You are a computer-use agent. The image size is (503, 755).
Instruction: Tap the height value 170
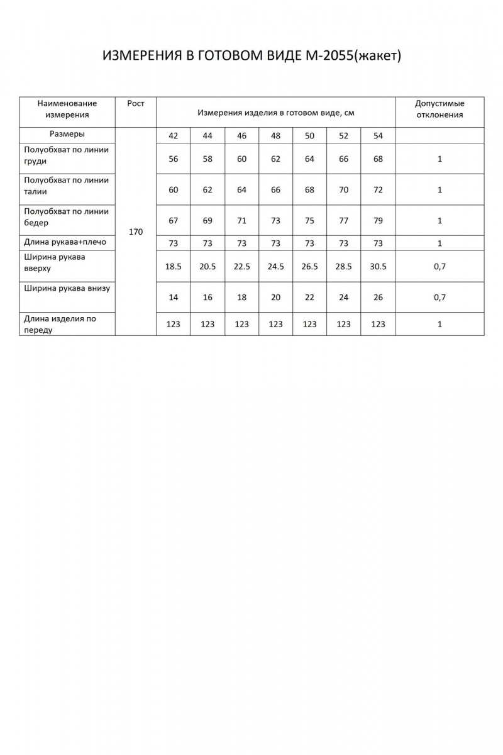pos(135,232)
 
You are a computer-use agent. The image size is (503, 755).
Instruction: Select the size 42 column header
pos(174,136)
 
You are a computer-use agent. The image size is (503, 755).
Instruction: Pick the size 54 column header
pos(377,136)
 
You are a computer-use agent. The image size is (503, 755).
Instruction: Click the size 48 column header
pos(275,136)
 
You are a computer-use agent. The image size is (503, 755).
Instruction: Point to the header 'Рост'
pos(135,104)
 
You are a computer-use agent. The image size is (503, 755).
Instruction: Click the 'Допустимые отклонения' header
pos(439,109)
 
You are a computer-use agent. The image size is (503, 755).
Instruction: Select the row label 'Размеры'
pos(67,135)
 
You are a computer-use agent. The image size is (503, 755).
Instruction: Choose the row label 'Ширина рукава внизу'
pos(67,289)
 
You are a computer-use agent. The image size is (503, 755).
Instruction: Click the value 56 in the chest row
pos(174,159)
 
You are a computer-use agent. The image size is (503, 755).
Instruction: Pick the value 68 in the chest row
pos(377,159)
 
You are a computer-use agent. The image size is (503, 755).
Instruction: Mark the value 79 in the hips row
pos(377,221)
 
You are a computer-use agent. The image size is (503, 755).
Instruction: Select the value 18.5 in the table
pos(174,267)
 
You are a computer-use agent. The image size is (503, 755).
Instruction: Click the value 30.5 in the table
pos(377,267)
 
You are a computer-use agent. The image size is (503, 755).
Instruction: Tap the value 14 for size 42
pos(174,298)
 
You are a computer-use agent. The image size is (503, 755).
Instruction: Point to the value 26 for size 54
pos(377,298)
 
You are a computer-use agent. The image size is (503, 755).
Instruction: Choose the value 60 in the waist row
pos(174,190)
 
